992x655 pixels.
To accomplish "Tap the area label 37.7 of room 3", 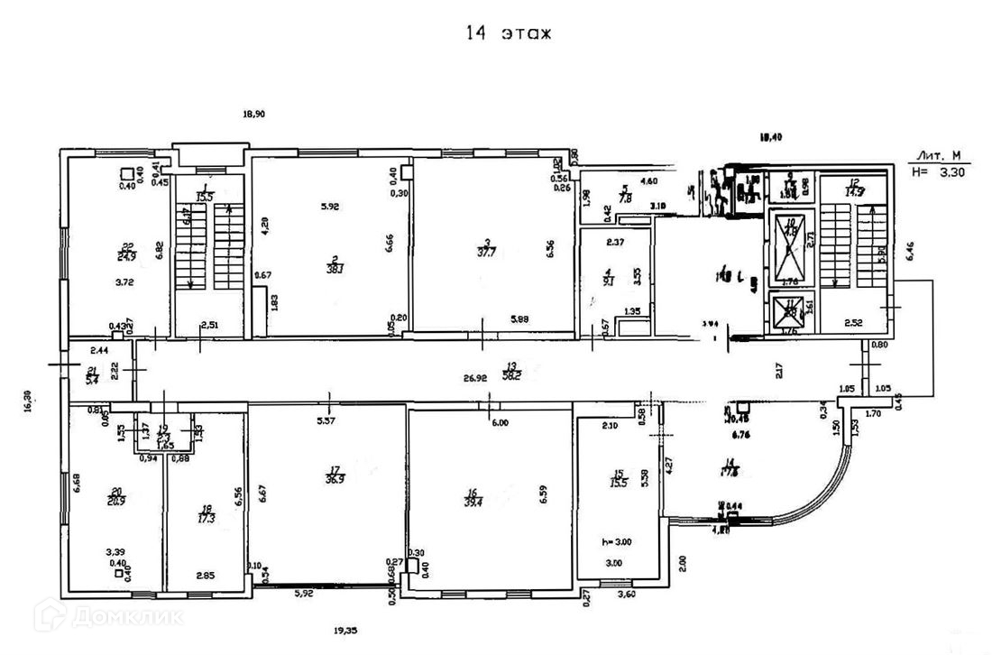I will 490,252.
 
